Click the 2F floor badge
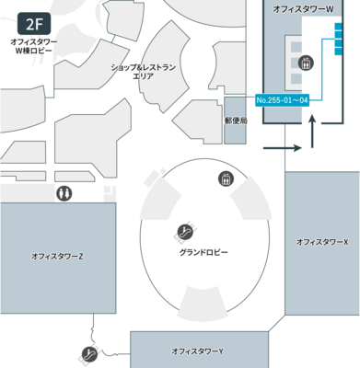pyautogui.click(x=33, y=22)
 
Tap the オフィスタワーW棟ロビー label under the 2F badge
pyautogui.click(x=33, y=46)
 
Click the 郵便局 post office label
pyautogui.click(x=236, y=120)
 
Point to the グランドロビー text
pyautogui.click(x=204, y=251)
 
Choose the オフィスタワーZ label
pyautogui.click(x=57, y=256)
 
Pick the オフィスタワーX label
pyautogui.click(x=322, y=242)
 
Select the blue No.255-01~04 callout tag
pyautogui.click(x=281, y=99)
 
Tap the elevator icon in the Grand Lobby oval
pyautogui.click(x=224, y=178)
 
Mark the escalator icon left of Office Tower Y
pyautogui.click(x=89, y=353)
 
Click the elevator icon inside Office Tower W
pyautogui.click(x=308, y=63)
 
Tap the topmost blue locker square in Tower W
pyautogui.click(x=340, y=27)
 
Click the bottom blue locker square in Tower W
pyautogui.click(x=340, y=55)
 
